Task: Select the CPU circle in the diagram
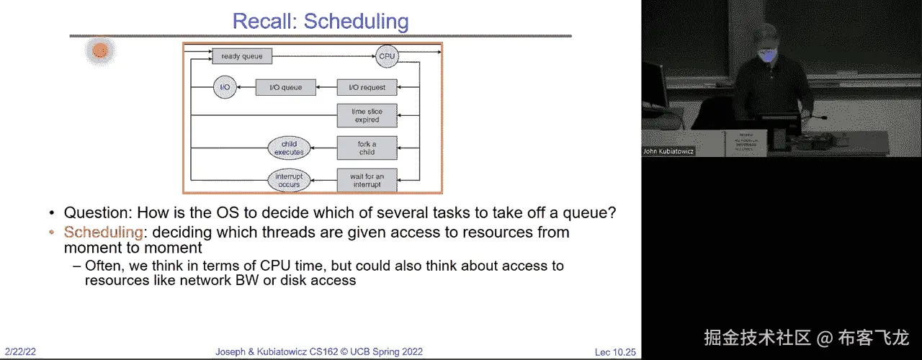click(387, 55)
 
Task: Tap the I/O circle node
click(225, 88)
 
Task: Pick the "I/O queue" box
click(285, 88)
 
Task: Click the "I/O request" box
click(367, 88)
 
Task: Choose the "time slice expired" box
click(367, 116)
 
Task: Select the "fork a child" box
click(367, 148)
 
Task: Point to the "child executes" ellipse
click(289, 148)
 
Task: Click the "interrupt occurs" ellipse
click(289, 181)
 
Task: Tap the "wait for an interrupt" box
click(367, 181)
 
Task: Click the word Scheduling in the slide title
click(356, 21)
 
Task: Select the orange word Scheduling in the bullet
click(104, 232)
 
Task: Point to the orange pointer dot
click(100, 50)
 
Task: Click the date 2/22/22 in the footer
click(20, 352)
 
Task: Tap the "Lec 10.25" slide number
click(615, 352)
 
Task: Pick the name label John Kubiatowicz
click(668, 152)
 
